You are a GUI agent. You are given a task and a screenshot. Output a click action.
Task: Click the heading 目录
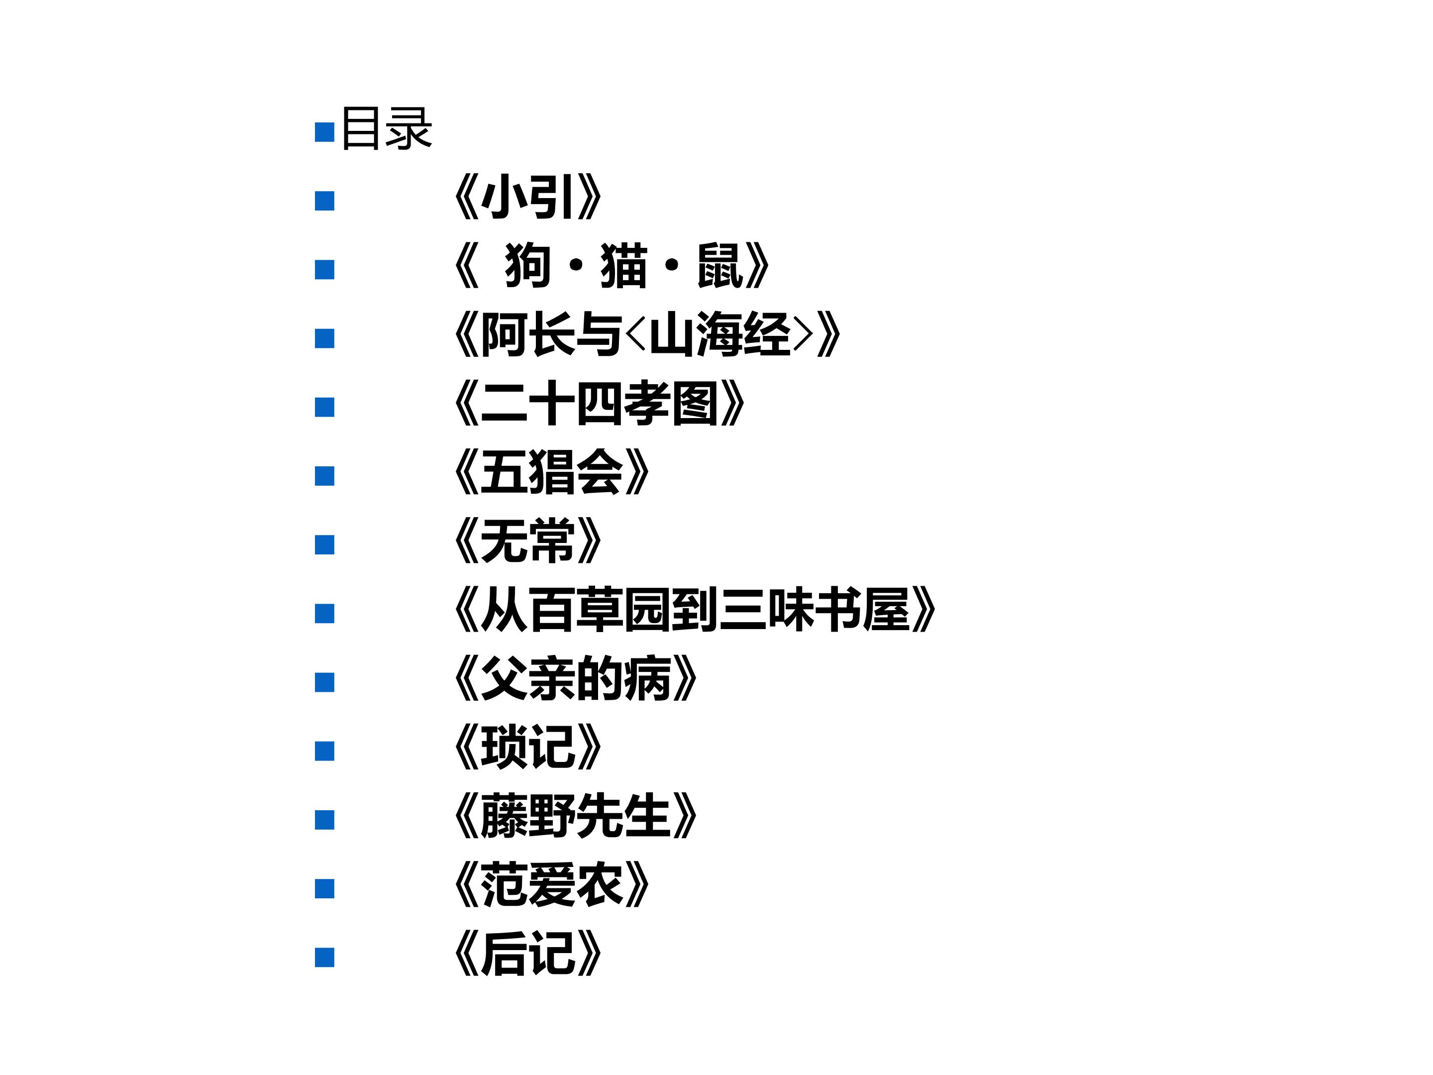pos(386,128)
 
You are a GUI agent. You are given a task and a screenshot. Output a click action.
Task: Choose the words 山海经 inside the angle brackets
pos(720,334)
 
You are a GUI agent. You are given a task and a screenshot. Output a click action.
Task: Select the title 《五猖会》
pos(552,472)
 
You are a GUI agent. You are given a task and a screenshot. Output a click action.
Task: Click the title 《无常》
pos(528,540)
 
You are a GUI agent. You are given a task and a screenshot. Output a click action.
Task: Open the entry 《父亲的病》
pos(576,678)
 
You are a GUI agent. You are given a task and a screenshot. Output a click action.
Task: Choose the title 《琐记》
pos(528,747)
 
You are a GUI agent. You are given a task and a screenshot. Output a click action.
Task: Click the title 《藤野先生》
pos(576,815)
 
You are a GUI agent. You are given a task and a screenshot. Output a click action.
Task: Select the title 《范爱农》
pos(552,884)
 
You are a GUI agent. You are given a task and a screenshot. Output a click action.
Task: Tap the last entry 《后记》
pos(528,953)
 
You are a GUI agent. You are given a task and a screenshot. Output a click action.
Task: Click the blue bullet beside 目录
pos(324,132)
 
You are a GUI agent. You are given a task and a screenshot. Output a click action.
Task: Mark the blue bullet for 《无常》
pos(324,545)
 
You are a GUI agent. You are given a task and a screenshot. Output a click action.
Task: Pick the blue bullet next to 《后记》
pos(324,958)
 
